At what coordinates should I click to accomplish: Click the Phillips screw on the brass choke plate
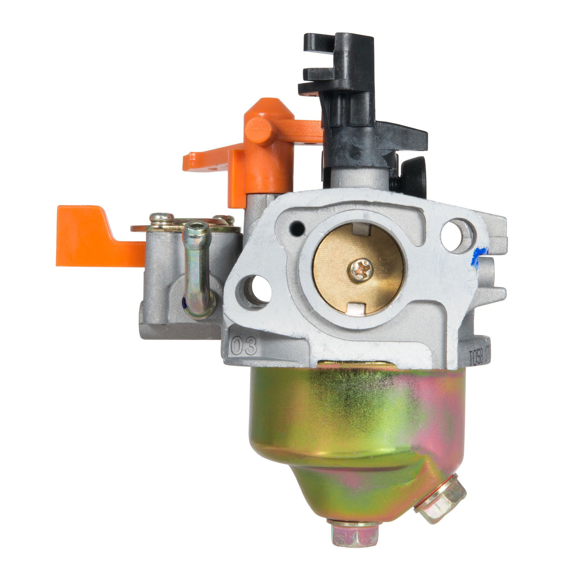[x=359, y=269]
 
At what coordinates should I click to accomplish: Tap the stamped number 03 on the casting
[x=244, y=347]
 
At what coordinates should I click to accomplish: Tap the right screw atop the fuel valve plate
[x=224, y=219]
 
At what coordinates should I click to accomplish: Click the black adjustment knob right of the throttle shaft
[x=413, y=176]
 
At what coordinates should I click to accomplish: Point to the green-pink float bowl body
[x=353, y=425]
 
